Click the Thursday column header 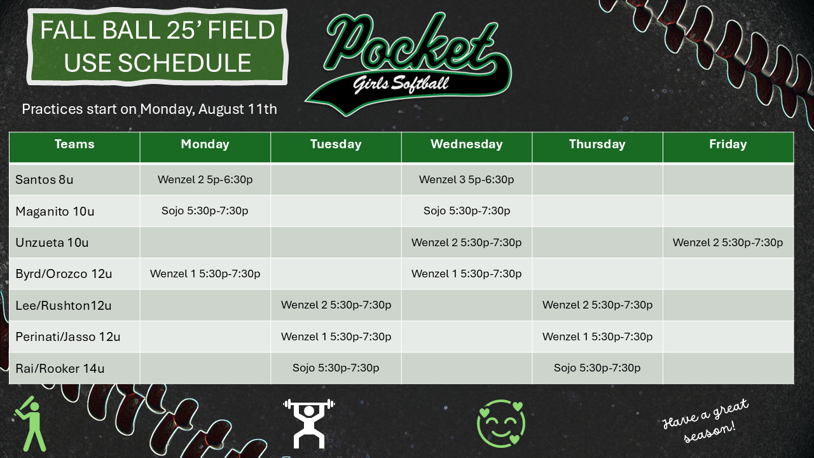point(597,144)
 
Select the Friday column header point(728,144)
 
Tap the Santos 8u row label point(45,179)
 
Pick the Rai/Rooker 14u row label point(60,368)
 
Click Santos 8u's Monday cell point(205,179)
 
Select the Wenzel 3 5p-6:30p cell point(467,179)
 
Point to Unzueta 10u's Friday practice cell point(728,242)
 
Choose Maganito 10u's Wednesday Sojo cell point(467,211)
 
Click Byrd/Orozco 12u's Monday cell point(205,274)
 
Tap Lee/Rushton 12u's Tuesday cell point(336,305)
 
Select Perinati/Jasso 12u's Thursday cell point(597,337)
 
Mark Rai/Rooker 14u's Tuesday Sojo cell point(336,368)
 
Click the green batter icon point(31,424)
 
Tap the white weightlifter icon point(309,424)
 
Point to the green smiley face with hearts point(501,424)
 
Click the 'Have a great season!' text point(705,421)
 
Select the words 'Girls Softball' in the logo point(401,85)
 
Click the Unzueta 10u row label point(52,242)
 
